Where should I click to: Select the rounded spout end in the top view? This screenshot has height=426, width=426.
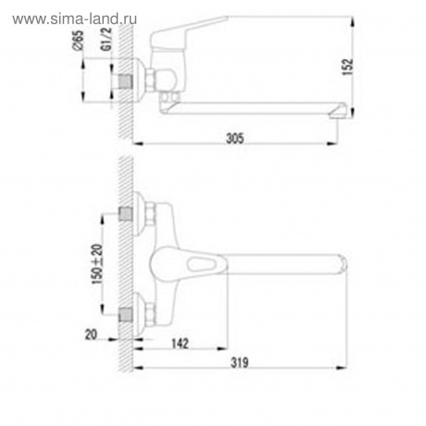(x=339, y=267)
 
